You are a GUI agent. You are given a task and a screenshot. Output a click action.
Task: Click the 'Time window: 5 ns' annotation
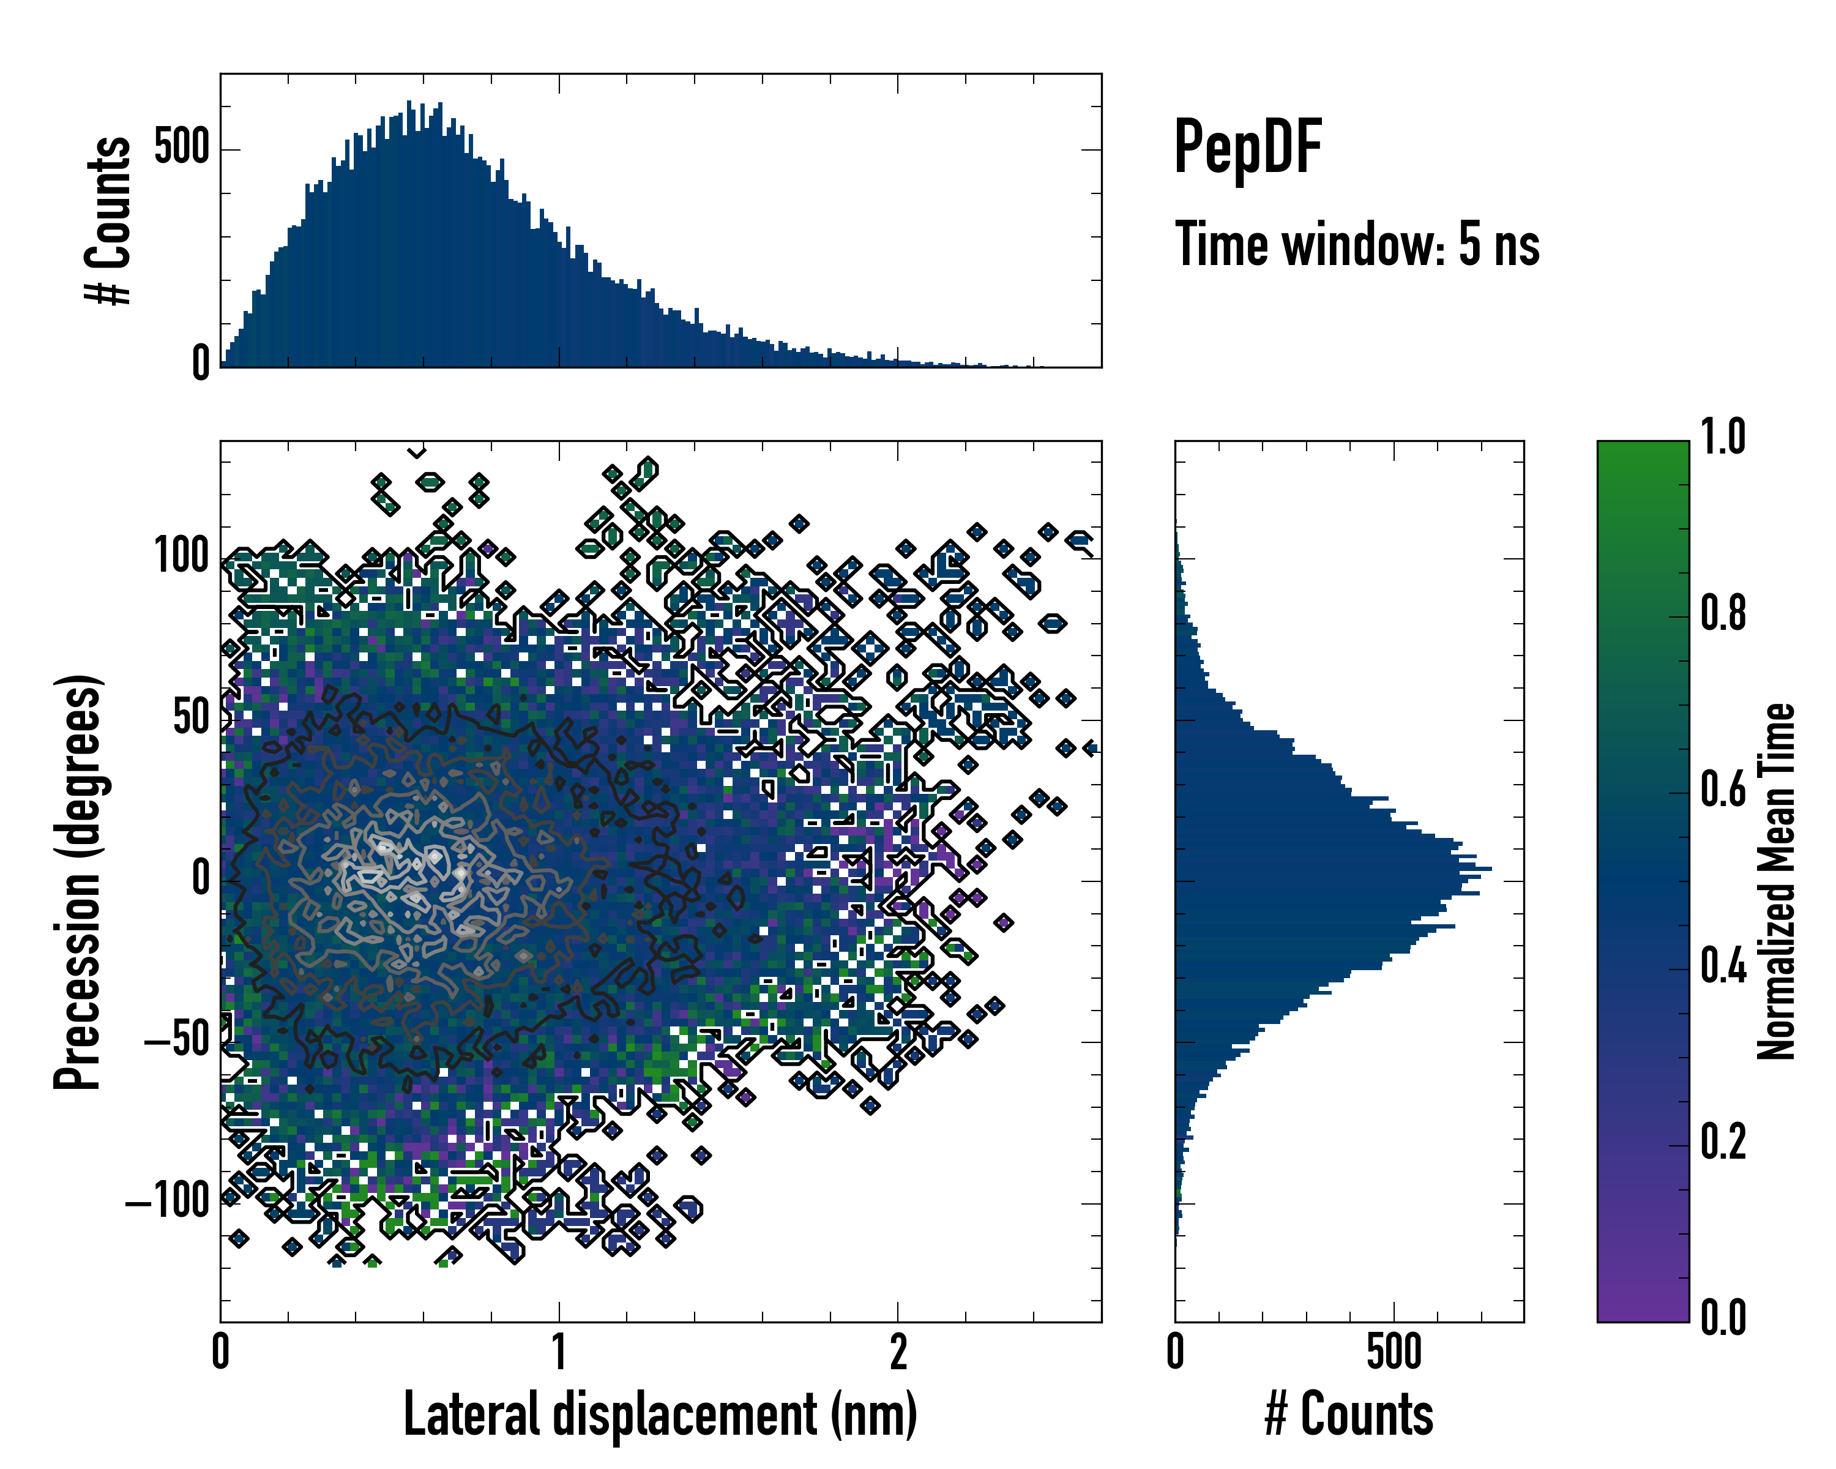1357,244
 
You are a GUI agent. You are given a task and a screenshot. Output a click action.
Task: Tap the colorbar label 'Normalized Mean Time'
1777,881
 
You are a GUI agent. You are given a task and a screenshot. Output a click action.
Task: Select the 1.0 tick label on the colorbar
1723,437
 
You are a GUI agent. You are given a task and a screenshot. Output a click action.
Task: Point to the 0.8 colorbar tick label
1723,613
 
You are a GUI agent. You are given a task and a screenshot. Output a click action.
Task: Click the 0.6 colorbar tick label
1723,790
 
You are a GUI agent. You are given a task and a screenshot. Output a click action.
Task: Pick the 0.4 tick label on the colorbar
1723,966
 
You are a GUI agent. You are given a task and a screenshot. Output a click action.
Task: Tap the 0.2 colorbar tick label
1723,1142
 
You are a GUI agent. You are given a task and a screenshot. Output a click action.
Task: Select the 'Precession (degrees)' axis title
78,881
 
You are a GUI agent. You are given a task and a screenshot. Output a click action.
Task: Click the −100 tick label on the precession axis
168,1202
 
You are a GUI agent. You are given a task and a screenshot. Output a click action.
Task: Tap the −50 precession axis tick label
177,1040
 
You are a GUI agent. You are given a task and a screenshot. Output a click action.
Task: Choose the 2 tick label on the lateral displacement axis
898,1351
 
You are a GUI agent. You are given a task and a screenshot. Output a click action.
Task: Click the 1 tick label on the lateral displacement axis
559,1351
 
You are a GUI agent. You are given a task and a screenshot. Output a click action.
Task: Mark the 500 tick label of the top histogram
181,148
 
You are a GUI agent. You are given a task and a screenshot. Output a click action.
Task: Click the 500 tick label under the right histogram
1394,1351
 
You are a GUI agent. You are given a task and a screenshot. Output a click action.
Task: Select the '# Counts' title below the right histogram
1349,1415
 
